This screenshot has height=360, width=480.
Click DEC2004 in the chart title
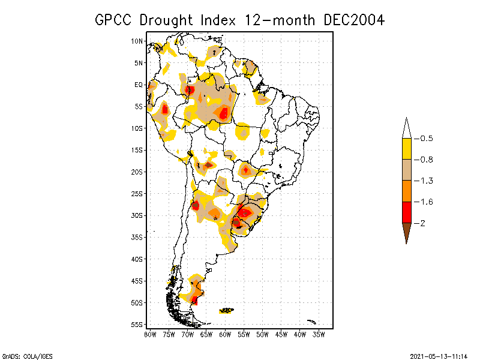(x=353, y=20)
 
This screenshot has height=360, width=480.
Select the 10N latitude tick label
(x=137, y=41)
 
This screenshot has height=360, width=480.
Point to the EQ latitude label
(x=139, y=85)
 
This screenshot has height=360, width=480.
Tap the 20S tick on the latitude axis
(x=137, y=172)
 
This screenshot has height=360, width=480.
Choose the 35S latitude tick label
(x=137, y=237)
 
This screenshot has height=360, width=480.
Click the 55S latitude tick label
(x=137, y=325)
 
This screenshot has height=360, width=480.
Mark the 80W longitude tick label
(x=150, y=334)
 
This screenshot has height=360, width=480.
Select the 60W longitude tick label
(x=225, y=334)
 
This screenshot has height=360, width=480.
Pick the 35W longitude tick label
(x=319, y=334)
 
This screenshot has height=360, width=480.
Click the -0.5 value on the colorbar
(x=425, y=139)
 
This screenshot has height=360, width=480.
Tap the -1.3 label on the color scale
(x=425, y=181)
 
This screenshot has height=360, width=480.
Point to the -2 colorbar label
(x=422, y=223)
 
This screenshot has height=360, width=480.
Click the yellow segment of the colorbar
(x=406, y=149)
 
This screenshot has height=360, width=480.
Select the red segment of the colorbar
(x=406, y=212)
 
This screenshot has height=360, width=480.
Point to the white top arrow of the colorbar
(x=406, y=129)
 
